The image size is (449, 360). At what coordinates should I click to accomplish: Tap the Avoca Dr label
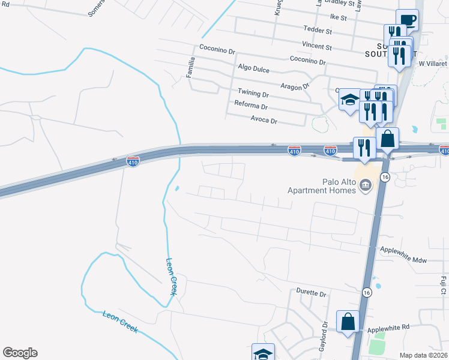click(265, 121)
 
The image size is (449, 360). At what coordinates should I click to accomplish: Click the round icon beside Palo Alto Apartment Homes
click(365, 187)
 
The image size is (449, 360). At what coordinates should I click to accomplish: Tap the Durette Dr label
click(311, 294)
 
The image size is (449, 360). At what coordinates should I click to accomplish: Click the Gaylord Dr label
click(325, 338)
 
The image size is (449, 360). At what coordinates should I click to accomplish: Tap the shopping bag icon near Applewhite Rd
click(348, 322)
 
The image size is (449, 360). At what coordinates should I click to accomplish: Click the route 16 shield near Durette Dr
click(367, 292)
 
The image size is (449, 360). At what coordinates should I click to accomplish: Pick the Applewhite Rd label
click(388, 327)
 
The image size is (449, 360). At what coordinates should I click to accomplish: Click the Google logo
click(20, 353)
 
